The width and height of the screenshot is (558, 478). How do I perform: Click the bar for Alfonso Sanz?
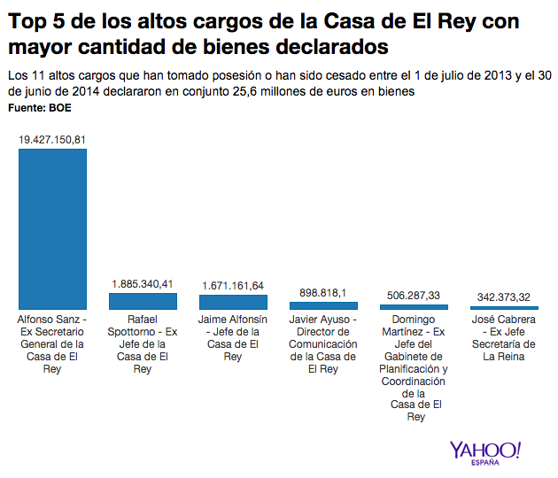pyautogui.click(x=52, y=228)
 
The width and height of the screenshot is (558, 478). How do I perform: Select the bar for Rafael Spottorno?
pyautogui.click(x=143, y=301)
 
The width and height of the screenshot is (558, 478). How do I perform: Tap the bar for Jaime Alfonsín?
pyautogui.click(x=233, y=302)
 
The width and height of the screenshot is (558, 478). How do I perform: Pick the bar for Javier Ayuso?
pyautogui.click(x=323, y=305)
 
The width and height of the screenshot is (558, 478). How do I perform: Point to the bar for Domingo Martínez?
pyautogui.click(x=414, y=307)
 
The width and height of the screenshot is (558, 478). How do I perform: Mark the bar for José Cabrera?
pyautogui.click(x=504, y=308)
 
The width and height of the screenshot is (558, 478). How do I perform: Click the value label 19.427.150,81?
pyautogui.click(x=52, y=140)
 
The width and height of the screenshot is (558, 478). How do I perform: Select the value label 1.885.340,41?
pyautogui.click(x=143, y=284)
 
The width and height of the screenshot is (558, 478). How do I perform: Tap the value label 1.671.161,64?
pyautogui.click(x=233, y=286)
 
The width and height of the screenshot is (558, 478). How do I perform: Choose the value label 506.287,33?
pyautogui.click(x=414, y=296)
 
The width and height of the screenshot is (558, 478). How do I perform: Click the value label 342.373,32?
pyautogui.click(x=504, y=297)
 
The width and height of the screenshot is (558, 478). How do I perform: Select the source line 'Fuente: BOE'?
pyautogui.click(x=39, y=108)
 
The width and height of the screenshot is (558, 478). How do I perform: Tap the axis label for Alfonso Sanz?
pyautogui.click(x=52, y=344)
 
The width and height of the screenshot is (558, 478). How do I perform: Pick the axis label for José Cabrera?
pyautogui.click(x=504, y=337)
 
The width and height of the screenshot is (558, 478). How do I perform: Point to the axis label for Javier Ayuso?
pyautogui.click(x=323, y=344)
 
